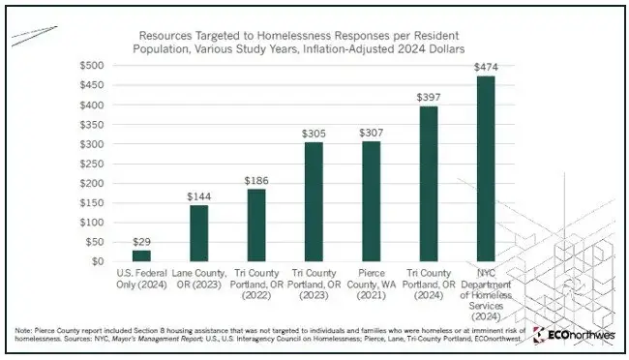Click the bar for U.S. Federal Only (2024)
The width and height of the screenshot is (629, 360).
pyautogui.click(x=141, y=255)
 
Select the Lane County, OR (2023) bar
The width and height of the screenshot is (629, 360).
pyautogui.click(x=199, y=233)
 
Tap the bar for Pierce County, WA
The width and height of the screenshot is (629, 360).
pyautogui.click(x=371, y=201)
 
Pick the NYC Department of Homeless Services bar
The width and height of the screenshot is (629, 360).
pyautogui.click(x=486, y=168)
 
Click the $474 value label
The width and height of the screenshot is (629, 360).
pyautogui.click(x=486, y=67)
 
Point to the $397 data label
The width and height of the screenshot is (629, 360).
pyautogui.click(x=429, y=97)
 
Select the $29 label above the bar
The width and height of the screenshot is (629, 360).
pyautogui.click(x=141, y=242)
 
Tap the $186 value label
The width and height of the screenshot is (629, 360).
pyautogui.click(x=256, y=181)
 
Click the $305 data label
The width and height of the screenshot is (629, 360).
pyautogui.click(x=314, y=134)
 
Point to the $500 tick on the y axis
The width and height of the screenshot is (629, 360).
pyautogui.click(x=92, y=66)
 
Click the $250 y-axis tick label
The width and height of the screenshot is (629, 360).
pyautogui.click(x=92, y=164)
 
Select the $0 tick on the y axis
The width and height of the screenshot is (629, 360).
pyautogui.click(x=98, y=261)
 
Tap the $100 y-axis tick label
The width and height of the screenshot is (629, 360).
pyautogui.click(x=92, y=223)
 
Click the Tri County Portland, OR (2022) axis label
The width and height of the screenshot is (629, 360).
pyautogui.click(x=256, y=285)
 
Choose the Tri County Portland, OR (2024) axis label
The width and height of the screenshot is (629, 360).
pyautogui.click(x=429, y=285)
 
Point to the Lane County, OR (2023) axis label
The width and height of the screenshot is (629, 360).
pyautogui.click(x=199, y=279)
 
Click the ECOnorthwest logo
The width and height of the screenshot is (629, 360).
pyautogui.click(x=574, y=335)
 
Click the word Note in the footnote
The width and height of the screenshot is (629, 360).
pyautogui.click(x=23, y=331)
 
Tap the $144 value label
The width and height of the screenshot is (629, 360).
pyautogui.click(x=199, y=196)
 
